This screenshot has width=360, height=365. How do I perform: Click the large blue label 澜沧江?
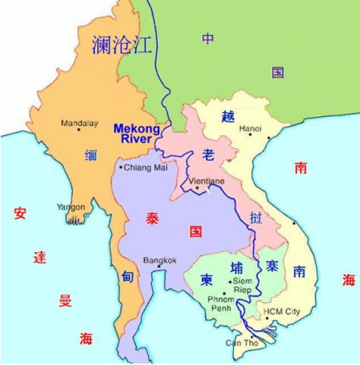point(122,44)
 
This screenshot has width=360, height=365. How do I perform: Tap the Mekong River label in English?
point(133,133)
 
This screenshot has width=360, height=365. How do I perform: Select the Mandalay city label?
point(81,124)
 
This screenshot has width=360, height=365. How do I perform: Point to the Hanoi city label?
point(250,128)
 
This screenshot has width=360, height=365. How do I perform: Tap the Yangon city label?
point(70,207)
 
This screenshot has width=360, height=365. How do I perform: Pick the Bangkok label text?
point(160,260)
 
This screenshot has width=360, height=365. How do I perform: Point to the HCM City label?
point(281,312)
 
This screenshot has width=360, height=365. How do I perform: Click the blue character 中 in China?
point(209,38)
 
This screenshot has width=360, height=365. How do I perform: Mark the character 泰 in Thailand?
point(154,219)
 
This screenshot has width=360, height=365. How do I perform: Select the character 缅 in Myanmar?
point(91,153)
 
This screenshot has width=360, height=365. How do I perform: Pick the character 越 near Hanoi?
point(227,117)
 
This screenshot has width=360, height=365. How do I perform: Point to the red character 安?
point(20,214)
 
